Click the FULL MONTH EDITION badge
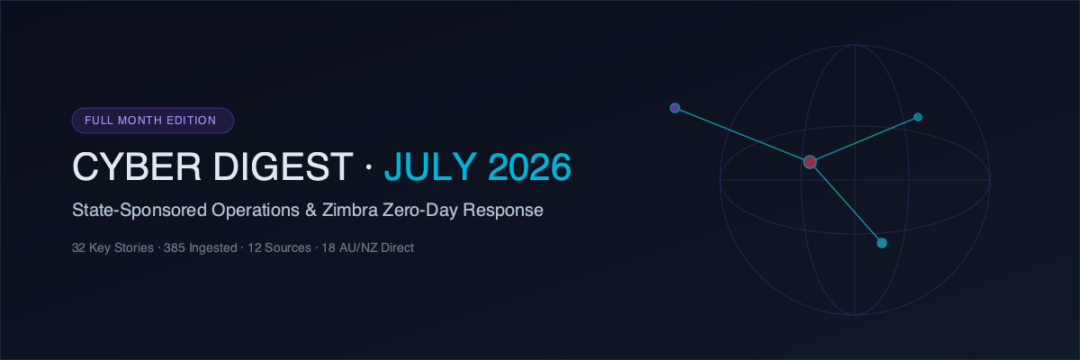coord(153,121)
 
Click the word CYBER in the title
coord(137,166)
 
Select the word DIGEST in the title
coord(283,166)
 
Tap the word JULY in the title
coord(430,166)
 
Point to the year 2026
coord(529,166)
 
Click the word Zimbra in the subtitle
coord(349,210)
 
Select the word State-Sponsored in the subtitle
coord(139,210)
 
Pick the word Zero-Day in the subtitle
coord(420,210)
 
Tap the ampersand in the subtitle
coord(311,210)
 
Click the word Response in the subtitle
coord(503,210)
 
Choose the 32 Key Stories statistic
coord(112,247)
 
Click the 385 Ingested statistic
coord(200,247)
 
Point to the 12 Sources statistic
coord(279,247)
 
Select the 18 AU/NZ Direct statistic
coord(367,247)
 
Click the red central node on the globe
coord(810,162)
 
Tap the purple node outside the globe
coord(675,108)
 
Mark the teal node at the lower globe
coord(882,243)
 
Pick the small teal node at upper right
coord(918,117)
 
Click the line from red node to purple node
coord(742,135)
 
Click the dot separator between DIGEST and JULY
coord(369,166)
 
